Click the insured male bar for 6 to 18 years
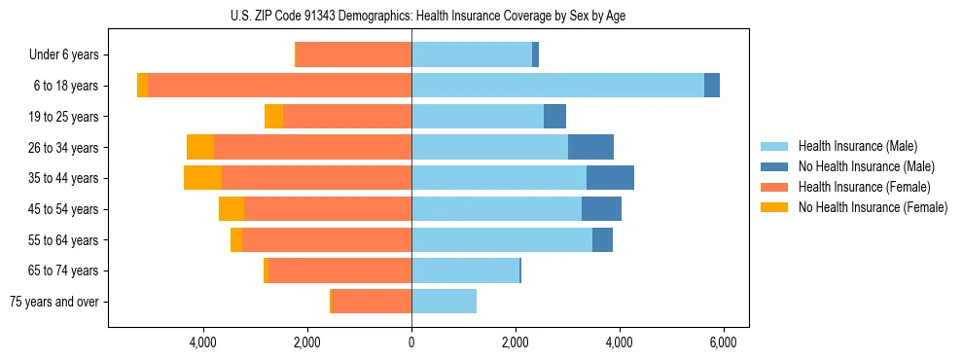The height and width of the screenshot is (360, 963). coord(557,86)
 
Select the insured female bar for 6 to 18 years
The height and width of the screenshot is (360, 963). coord(279,86)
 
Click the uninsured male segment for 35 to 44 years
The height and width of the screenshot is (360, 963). coord(610,178)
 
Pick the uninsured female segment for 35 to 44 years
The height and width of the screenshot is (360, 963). coord(202,178)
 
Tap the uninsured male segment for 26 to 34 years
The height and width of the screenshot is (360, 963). coord(590,147)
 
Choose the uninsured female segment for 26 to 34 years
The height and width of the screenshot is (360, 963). coord(200,147)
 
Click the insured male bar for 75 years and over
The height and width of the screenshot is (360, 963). coord(444,302)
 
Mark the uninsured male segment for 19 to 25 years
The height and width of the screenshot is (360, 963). coord(554,117)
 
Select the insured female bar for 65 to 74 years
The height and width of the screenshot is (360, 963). coord(339,270)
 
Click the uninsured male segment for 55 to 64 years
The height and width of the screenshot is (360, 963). coord(602,239)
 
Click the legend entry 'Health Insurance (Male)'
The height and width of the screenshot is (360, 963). coord(857,146)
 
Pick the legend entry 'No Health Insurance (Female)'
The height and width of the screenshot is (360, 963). coord(873,207)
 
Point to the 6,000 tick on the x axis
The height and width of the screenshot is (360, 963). coord(724,343)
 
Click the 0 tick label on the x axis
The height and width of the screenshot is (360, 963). coord(411,343)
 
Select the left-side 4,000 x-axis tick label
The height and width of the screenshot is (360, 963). coord(203,343)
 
